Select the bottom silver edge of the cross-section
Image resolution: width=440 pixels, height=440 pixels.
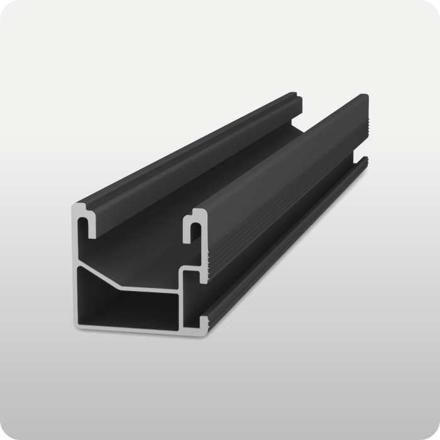[x=138, y=327]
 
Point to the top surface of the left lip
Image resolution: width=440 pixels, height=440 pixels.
[x=189, y=151]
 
